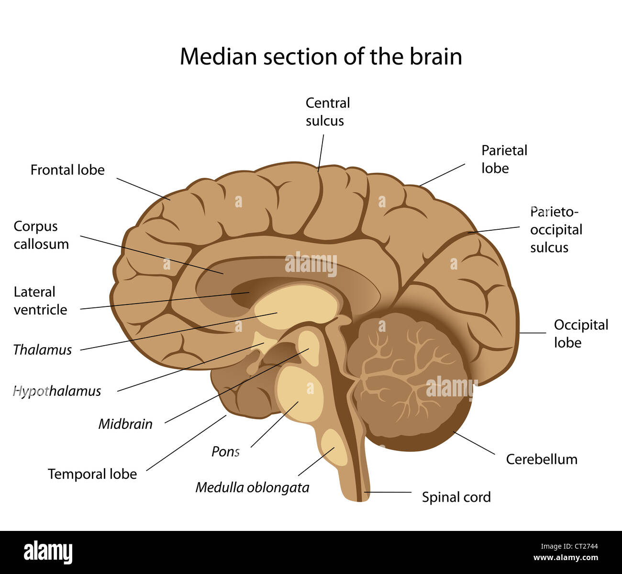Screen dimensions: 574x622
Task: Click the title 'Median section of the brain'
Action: point(321,56)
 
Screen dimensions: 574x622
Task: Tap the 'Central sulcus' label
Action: point(327,112)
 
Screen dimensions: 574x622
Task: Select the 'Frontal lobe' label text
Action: point(67,170)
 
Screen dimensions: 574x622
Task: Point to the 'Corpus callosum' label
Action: point(41,235)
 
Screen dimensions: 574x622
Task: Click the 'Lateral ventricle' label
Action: point(40,301)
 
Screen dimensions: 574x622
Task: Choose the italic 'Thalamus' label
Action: point(42,350)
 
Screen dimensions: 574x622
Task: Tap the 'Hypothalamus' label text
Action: point(57,391)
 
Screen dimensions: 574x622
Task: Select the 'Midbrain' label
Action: point(125,424)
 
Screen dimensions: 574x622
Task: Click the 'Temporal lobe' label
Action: point(92,474)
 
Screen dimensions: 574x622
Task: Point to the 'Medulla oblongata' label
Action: point(252,487)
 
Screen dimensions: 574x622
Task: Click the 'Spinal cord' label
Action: point(456,497)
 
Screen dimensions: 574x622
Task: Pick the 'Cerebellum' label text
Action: point(542,459)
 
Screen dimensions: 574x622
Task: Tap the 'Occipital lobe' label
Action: point(580,334)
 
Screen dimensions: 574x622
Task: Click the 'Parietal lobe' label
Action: point(503,159)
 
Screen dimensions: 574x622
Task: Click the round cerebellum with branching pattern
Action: point(407,378)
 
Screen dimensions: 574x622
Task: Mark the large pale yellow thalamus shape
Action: point(297,306)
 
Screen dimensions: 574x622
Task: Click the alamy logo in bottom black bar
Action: point(48,552)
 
